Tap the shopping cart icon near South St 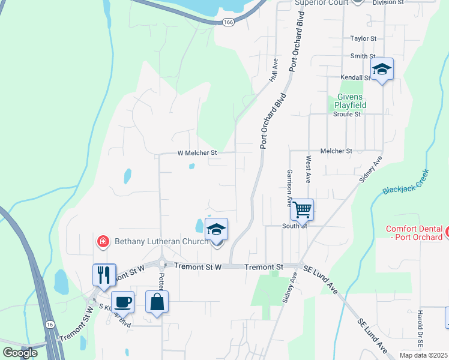(x=303, y=210)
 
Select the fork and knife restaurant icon (x=103, y=275)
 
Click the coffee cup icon (x=123, y=301)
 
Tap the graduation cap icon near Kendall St (x=381, y=69)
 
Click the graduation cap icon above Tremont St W (x=216, y=229)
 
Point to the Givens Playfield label (x=351, y=101)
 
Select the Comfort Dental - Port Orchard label (x=414, y=233)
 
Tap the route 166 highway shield (x=228, y=22)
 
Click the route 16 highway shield (x=49, y=324)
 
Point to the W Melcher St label (x=197, y=153)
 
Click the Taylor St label (x=363, y=38)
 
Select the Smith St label (x=363, y=56)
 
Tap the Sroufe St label (x=347, y=114)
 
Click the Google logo (x=20, y=353)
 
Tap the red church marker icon (x=103, y=242)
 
